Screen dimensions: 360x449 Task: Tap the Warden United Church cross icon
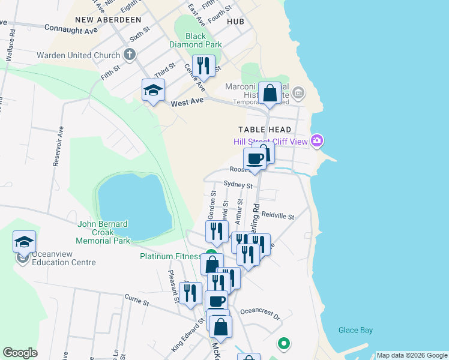pyautogui.click(x=129, y=55)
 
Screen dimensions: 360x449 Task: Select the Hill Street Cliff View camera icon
pyautogui.click(x=318, y=142)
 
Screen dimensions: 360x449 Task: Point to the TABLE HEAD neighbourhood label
pyautogui.click(x=265, y=130)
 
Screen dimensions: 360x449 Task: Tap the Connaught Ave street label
pyautogui.click(x=71, y=29)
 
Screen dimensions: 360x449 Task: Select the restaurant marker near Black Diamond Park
pyautogui.click(x=203, y=65)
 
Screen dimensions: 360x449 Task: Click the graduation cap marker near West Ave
pyautogui.click(x=153, y=90)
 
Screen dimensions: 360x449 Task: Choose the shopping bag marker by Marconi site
pyautogui.click(x=270, y=93)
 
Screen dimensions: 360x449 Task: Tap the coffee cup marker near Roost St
pyautogui.click(x=255, y=159)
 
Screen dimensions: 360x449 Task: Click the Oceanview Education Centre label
pyautogui.click(x=64, y=258)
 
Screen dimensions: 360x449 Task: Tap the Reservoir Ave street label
pyautogui.click(x=58, y=146)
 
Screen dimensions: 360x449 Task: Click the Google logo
pyautogui.click(x=20, y=353)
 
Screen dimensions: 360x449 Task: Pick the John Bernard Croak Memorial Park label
pyautogui.click(x=103, y=232)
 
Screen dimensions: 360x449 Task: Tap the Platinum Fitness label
pyautogui.click(x=170, y=256)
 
